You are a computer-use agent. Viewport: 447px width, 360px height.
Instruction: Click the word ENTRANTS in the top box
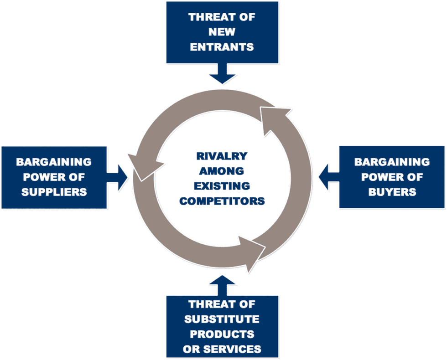pos(222,47)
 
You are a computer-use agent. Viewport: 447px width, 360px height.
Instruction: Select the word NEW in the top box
pos(222,32)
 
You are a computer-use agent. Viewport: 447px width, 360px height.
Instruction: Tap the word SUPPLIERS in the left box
pos(54,192)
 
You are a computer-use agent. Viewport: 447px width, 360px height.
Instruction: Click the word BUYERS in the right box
pos(392,192)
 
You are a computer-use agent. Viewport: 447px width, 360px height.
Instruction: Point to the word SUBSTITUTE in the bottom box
pos(222,319)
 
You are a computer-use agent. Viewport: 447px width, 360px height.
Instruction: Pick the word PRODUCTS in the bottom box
pos(222,334)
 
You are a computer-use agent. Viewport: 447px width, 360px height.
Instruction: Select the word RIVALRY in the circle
pos(222,156)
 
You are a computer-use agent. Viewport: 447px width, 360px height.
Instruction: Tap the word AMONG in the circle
pos(222,171)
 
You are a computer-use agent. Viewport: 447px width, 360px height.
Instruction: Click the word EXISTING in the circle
pos(222,186)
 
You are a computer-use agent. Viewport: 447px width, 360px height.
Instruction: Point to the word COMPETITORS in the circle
pos(222,201)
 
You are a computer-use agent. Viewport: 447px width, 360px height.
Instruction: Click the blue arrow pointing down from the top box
pos(223,73)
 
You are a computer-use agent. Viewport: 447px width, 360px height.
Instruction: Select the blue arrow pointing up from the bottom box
pos(223,285)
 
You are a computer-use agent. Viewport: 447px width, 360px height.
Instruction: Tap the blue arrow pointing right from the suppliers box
pos(117,177)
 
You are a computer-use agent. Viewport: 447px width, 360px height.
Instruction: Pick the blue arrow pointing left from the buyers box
pos(329,177)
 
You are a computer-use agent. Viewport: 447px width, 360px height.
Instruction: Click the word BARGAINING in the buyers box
pos(392,162)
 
